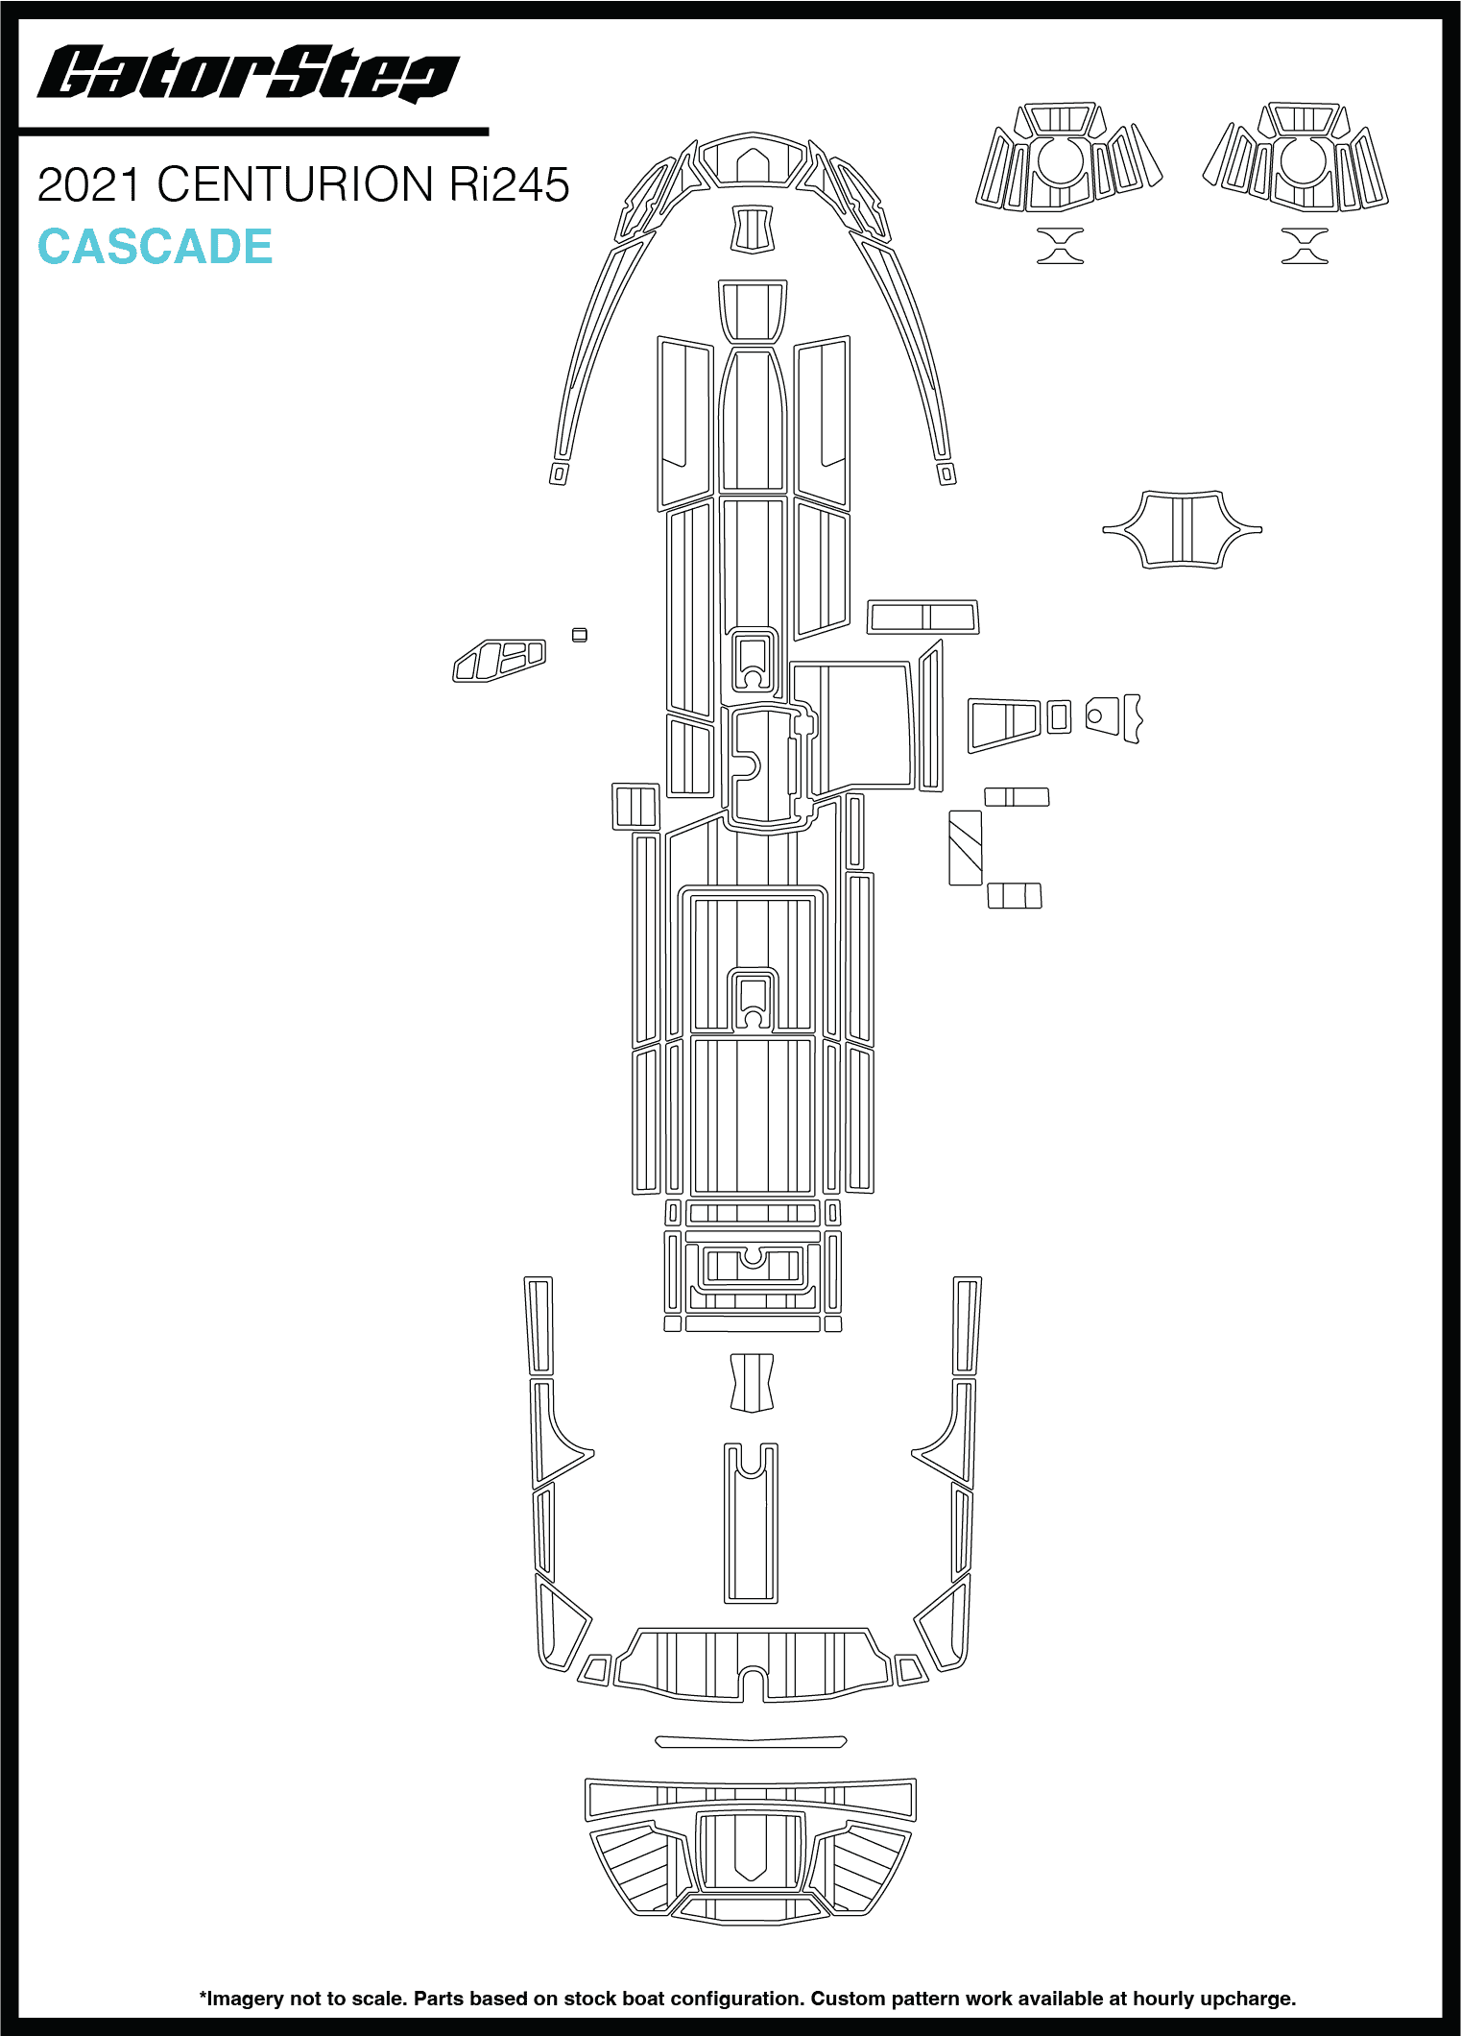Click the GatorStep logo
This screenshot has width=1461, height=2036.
pos(248,73)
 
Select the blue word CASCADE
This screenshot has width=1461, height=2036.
pos(155,247)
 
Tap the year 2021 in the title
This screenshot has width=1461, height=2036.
pos(90,184)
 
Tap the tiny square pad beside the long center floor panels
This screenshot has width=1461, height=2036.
pos(579,635)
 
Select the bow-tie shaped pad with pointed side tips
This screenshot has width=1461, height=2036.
pos(1182,529)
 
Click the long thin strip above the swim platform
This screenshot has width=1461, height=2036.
pos(751,1741)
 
